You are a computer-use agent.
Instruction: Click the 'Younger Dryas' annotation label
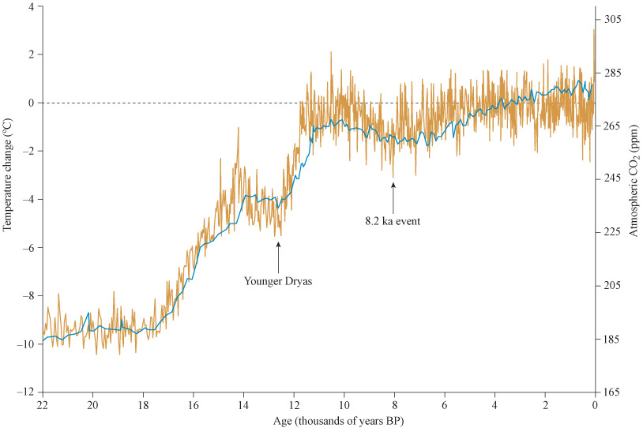[278, 280]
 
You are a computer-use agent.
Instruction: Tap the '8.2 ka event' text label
[391, 222]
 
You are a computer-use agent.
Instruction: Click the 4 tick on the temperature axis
[32, 6]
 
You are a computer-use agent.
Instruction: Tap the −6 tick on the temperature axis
[28, 248]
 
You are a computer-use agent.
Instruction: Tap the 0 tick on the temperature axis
[32, 103]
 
